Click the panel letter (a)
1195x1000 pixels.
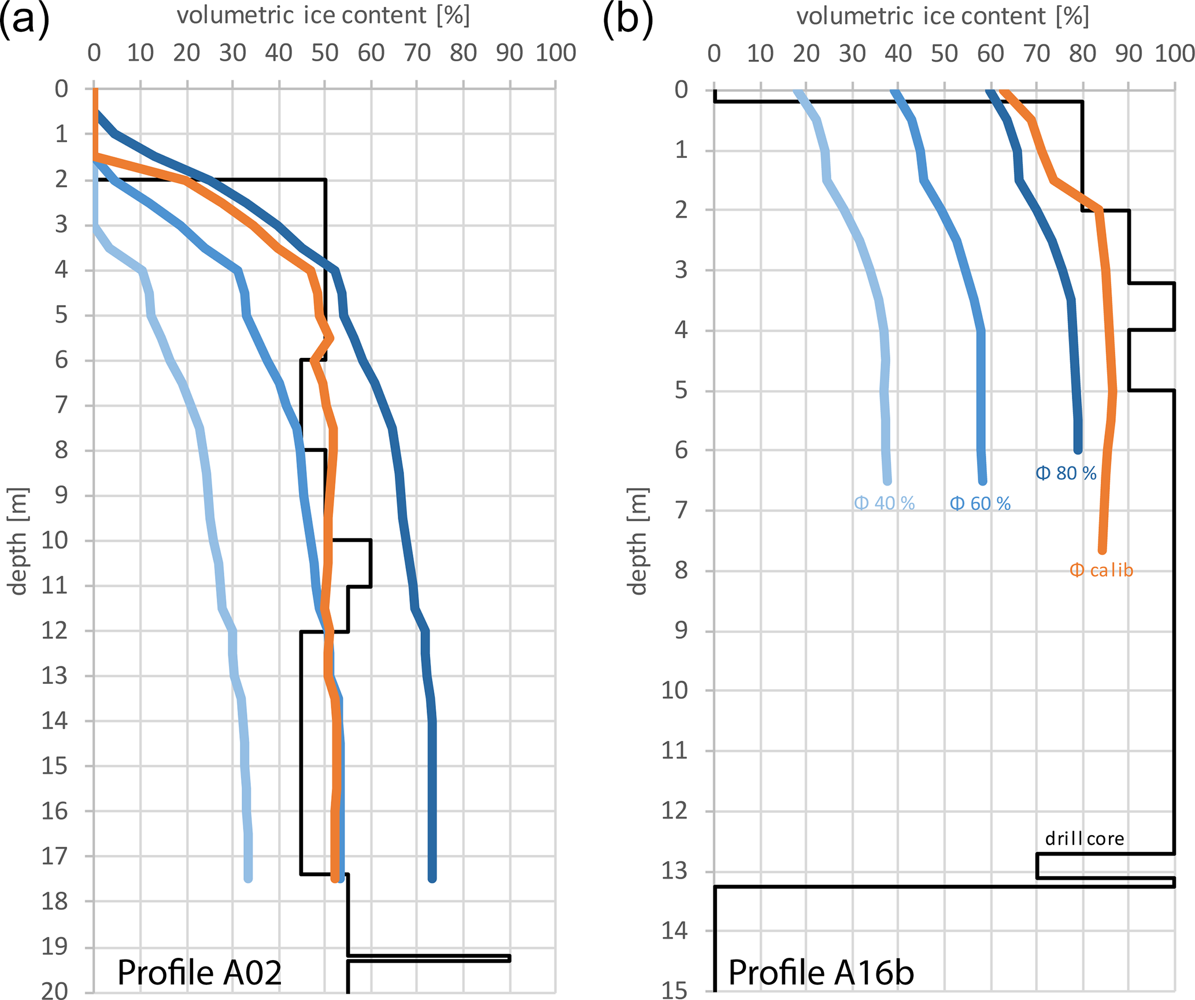coord(24,18)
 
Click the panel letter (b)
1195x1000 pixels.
coord(628,18)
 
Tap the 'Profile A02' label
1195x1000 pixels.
coord(199,972)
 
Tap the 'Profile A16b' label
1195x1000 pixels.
coord(821,972)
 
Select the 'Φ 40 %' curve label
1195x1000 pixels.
coord(884,503)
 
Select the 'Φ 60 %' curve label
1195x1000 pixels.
coord(980,504)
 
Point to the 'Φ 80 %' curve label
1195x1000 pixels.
coord(1065,473)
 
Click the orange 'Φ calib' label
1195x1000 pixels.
coord(1101,571)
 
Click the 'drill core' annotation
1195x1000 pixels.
coord(1084,838)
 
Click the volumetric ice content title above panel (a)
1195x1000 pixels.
coord(323,16)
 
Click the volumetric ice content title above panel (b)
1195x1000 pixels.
coord(943,16)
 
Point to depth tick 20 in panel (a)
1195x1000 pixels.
coord(54,991)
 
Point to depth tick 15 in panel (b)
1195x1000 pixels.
coord(674,991)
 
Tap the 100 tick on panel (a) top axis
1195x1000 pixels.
coord(556,53)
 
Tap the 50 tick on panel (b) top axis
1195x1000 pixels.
coord(944,54)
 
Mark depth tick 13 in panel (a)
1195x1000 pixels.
coord(54,675)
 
